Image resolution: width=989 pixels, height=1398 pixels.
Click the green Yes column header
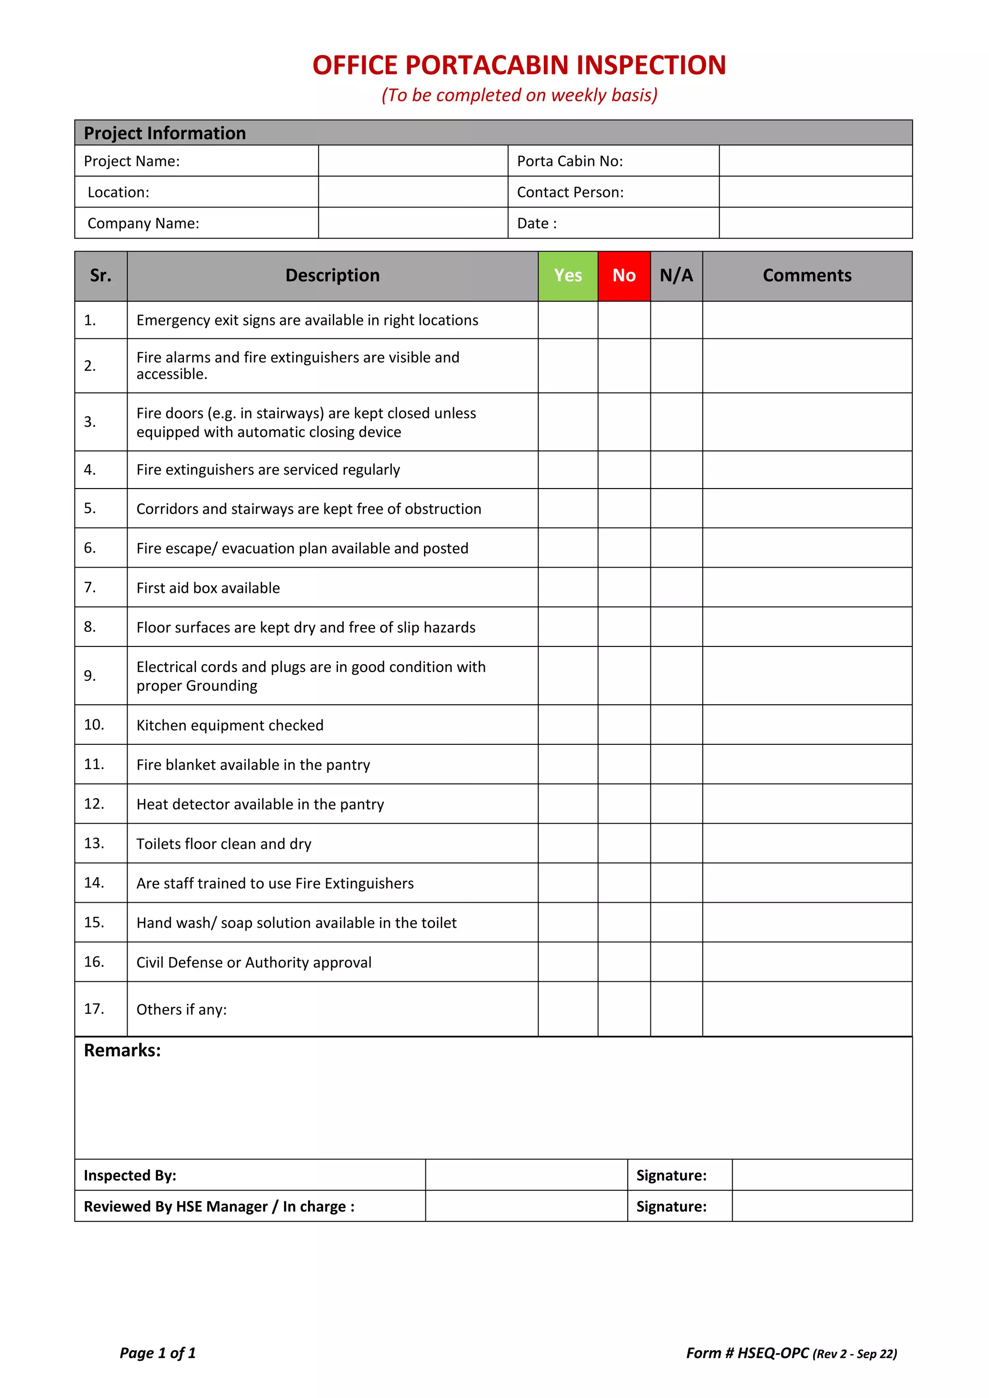(x=567, y=276)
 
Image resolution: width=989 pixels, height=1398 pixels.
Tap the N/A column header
(x=676, y=276)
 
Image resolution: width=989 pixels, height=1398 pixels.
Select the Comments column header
(x=807, y=276)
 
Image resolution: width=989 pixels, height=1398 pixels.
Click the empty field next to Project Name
(x=412, y=161)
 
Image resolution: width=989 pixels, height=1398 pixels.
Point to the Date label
(x=537, y=224)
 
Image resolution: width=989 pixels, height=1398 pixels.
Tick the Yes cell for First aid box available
(x=567, y=587)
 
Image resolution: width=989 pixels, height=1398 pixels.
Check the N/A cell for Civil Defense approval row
(x=676, y=962)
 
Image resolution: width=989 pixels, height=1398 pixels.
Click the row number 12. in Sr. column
(x=94, y=804)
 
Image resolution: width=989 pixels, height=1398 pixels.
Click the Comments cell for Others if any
(x=807, y=1009)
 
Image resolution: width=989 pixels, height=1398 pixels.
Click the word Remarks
(x=122, y=1050)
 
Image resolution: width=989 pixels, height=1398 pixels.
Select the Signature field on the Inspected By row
(x=821, y=1175)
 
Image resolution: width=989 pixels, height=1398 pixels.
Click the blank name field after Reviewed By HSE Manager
(x=526, y=1206)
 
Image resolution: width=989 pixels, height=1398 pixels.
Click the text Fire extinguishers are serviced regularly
(x=268, y=469)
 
